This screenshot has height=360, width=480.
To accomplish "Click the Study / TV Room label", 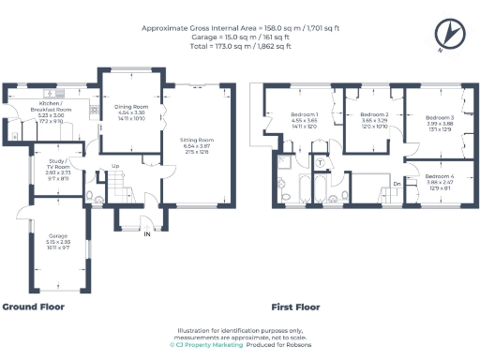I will point(60,164).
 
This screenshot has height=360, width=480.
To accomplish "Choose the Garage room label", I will point(59,235).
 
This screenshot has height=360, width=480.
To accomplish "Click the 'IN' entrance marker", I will point(146,234).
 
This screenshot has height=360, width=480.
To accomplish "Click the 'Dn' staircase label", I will point(397,185).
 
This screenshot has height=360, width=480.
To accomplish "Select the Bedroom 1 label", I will point(306,116).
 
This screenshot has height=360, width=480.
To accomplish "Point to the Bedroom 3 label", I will point(439,117).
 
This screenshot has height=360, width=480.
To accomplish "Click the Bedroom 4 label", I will point(439,176).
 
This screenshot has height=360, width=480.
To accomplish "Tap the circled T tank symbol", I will point(320,163).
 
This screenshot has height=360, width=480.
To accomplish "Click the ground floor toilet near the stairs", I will point(92,196).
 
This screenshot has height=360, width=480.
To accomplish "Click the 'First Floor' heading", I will point(295,307).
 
